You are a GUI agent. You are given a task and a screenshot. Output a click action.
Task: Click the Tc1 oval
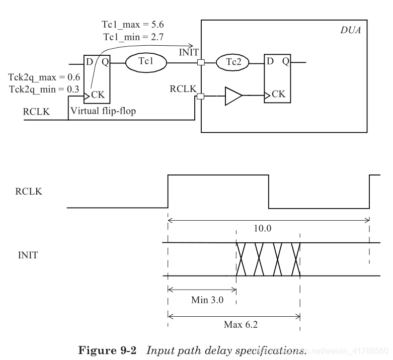145,63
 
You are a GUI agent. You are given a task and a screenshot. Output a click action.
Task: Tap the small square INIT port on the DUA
201,63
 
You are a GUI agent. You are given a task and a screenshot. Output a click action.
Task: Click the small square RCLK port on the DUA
201,96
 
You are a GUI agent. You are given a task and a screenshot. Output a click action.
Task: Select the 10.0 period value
263,228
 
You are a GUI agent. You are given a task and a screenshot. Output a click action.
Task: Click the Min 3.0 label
207,300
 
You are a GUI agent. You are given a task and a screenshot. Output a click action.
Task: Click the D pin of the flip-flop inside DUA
270,62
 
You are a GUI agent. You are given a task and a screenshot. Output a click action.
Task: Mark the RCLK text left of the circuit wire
36,112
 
